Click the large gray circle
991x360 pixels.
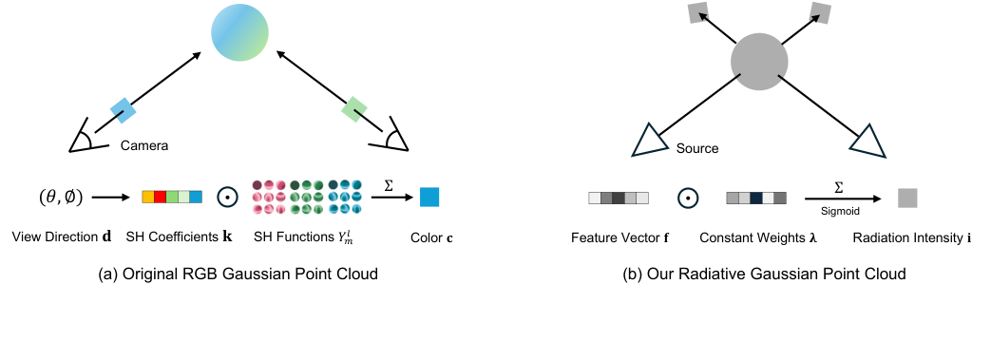760,62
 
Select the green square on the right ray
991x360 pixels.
354,109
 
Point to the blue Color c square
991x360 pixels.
429,197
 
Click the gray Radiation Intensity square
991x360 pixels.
907,198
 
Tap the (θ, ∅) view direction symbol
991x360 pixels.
60,198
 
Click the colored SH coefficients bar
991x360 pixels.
172,198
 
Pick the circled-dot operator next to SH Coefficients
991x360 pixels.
226,198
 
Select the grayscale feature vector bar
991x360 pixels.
619,199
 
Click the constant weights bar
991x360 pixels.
755,199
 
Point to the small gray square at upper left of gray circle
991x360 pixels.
697,13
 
